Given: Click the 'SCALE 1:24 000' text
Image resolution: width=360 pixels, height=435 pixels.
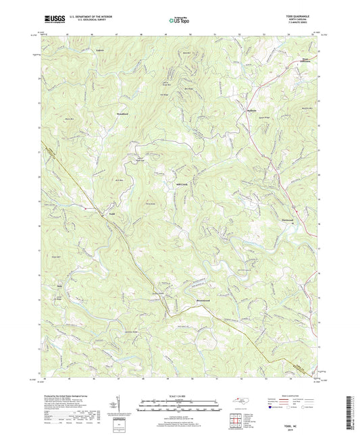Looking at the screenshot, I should click(x=180, y=396).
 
